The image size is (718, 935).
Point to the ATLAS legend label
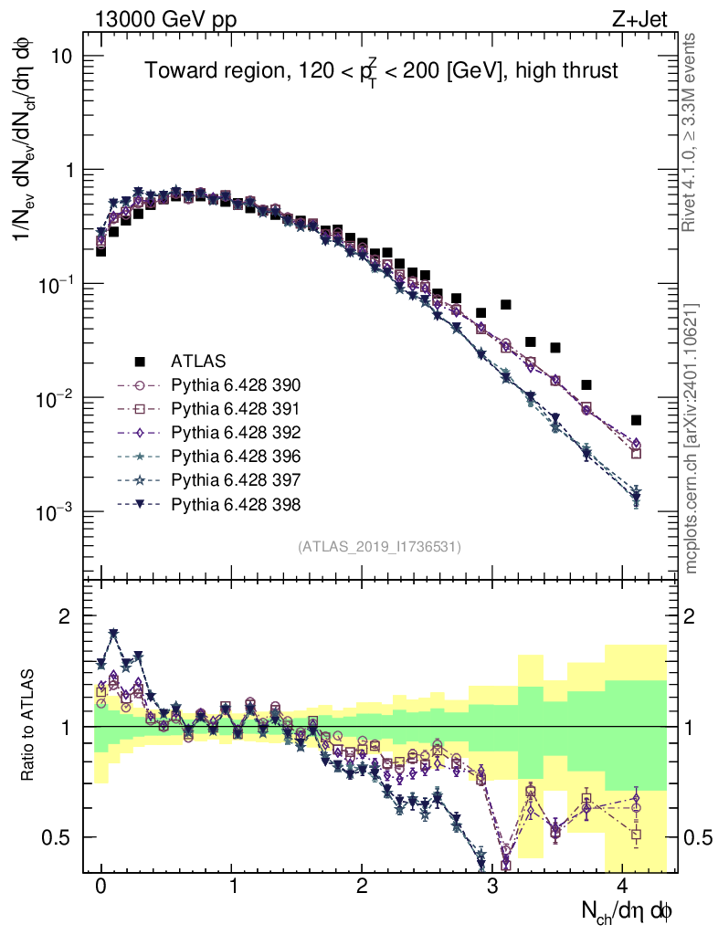199,361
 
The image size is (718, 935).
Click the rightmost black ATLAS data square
636,420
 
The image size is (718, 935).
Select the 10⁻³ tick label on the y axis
57,512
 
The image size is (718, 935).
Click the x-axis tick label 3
493,886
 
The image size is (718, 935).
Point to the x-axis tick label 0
100,886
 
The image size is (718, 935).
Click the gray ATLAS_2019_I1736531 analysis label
379,547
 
